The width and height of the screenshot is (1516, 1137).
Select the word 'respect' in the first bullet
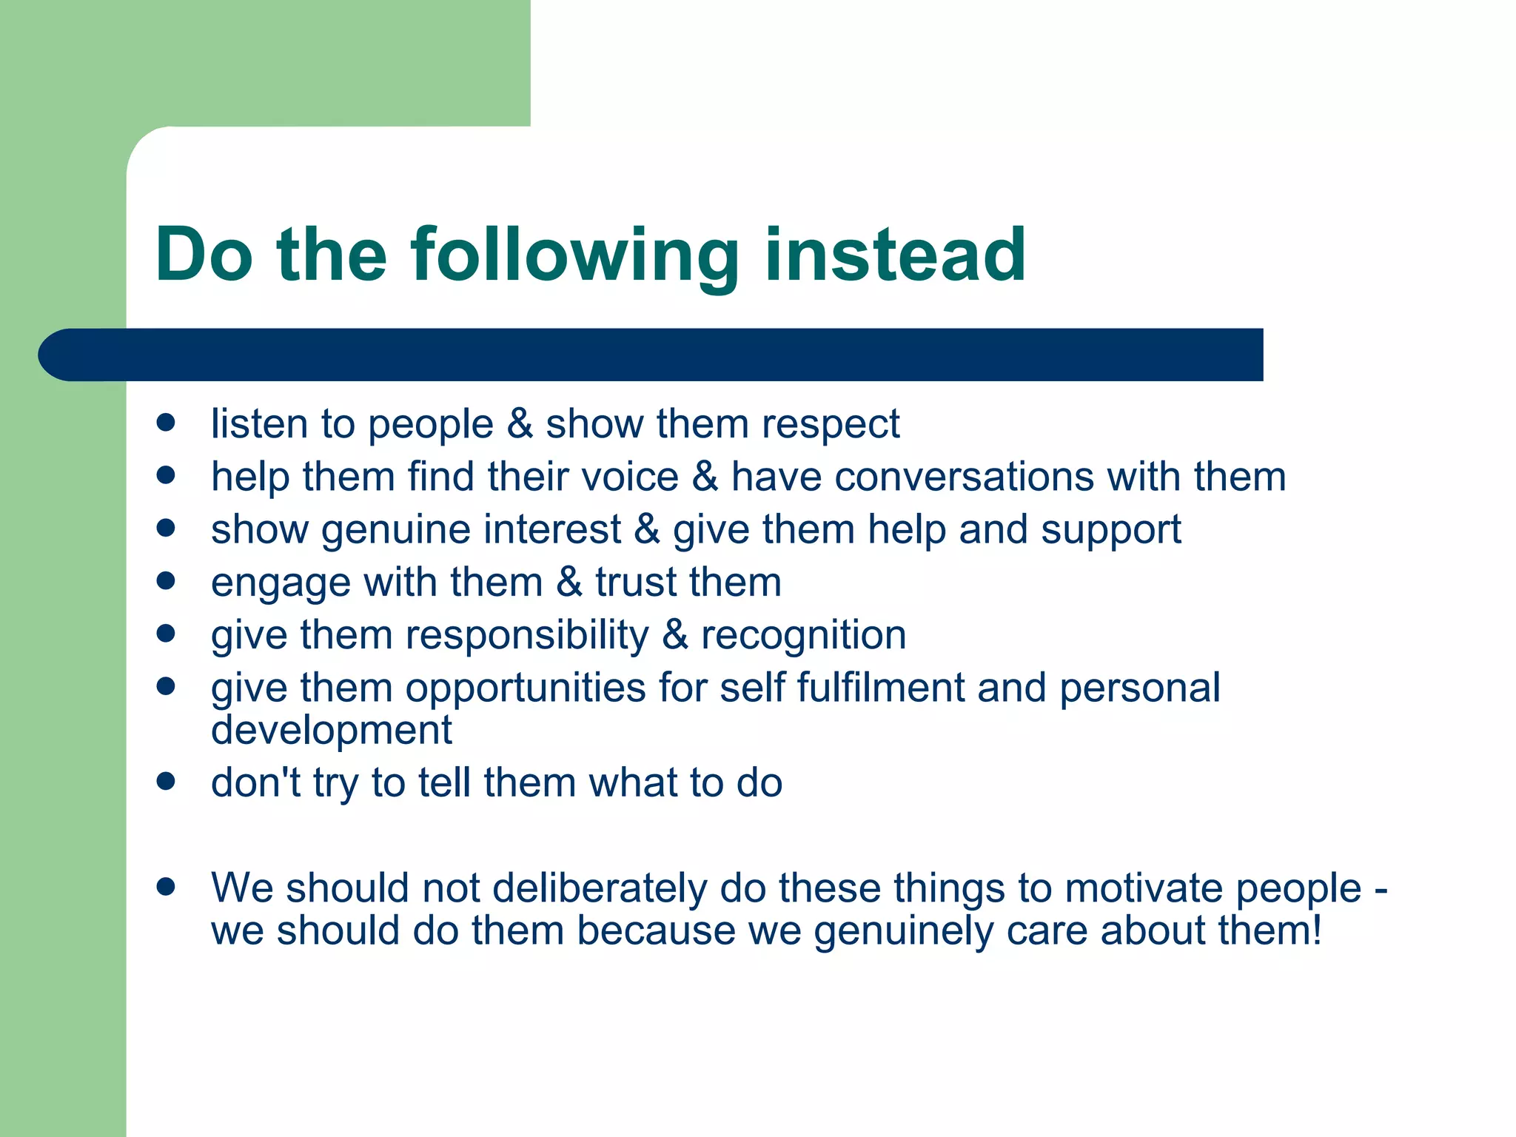[830, 425]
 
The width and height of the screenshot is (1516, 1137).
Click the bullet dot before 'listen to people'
[166, 423]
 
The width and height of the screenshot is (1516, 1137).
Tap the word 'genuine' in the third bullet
[396, 531]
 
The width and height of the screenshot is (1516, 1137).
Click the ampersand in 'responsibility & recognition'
[674, 635]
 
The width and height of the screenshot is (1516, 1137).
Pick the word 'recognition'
[803, 636]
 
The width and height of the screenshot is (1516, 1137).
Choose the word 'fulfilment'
[880, 688]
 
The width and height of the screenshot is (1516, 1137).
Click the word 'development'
[331, 731]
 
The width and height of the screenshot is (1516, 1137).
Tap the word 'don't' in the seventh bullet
[255, 782]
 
